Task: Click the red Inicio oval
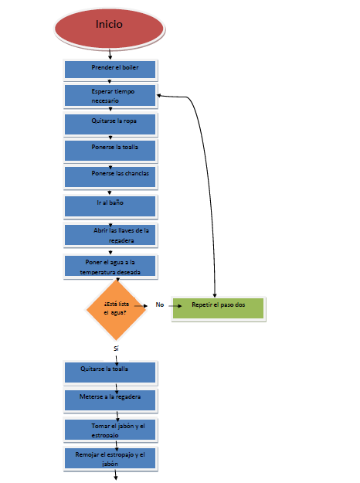[x=110, y=29]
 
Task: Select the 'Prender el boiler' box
[x=110, y=70]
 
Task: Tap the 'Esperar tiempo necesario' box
[x=110, y=96]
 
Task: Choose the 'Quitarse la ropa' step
[x=110, y=124]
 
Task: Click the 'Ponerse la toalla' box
[x=110, y=151]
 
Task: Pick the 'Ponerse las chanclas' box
[x=110, y=177]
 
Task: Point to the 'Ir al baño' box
[x=110, y=206]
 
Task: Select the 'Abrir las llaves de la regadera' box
[x=110, y=236]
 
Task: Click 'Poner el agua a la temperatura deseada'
[x=110, y=267]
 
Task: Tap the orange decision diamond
[x=116, y=310]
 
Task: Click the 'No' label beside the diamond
[x=159, y=304]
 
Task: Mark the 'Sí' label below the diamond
[x=116, y=349]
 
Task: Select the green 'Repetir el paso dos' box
[x=219, y=309]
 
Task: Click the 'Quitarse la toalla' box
[x=110, y=373]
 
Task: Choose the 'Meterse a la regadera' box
[x=110, y=400]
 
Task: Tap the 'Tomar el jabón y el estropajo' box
[x=110, y=430]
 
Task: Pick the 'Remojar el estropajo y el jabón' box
[x=110, y=459]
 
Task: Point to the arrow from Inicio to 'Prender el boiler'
[x=110, y=54]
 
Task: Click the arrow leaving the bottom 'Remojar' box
[x=116, y=475]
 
